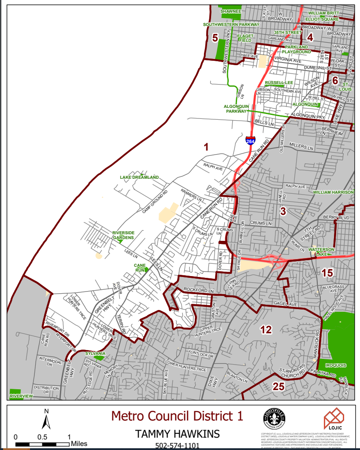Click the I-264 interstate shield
(x=250, y=141)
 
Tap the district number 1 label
(x=206, y=148)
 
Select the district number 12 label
(x=266, y=330)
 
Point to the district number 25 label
(x=278, y=387)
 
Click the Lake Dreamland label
(x=139, y=177)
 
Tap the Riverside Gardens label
(x=123, y=235)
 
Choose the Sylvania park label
(x=95, y=354)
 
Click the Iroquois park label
(x=336, y=365)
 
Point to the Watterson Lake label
(x=321, y=252)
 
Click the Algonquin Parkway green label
(x=237, y=109)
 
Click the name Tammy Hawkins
(x=177, y=434)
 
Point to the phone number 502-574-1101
(x=177, y=446)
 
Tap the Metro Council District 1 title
(x=177, y=416)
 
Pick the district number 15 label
(x=327, y=273)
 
